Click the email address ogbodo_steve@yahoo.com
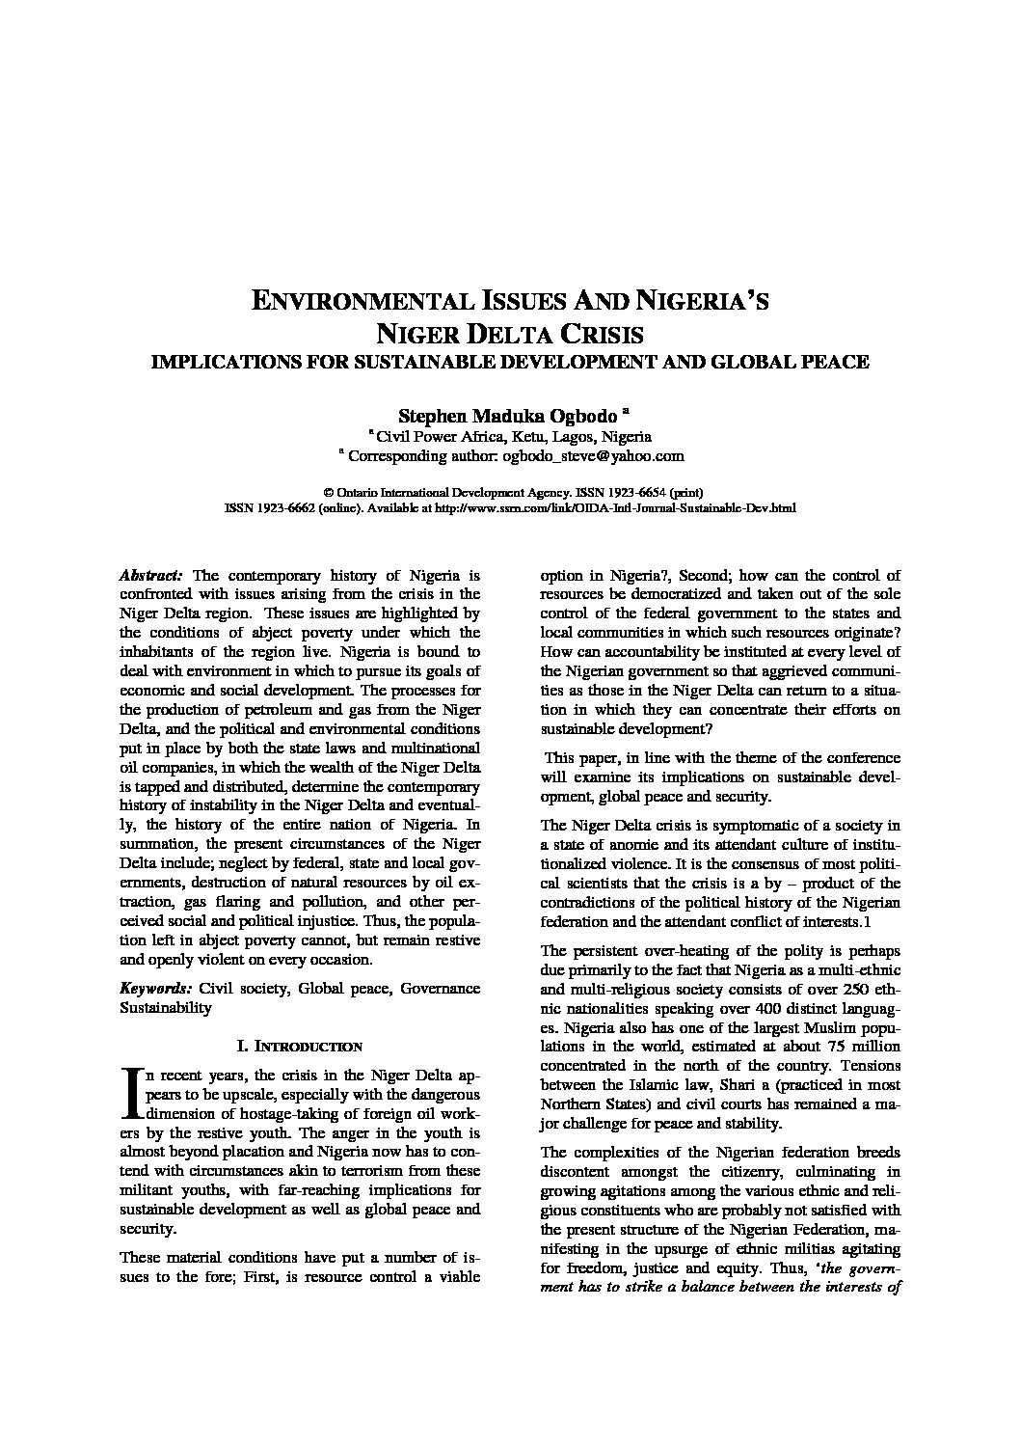coord(593,456)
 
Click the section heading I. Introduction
coord(299,1046)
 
